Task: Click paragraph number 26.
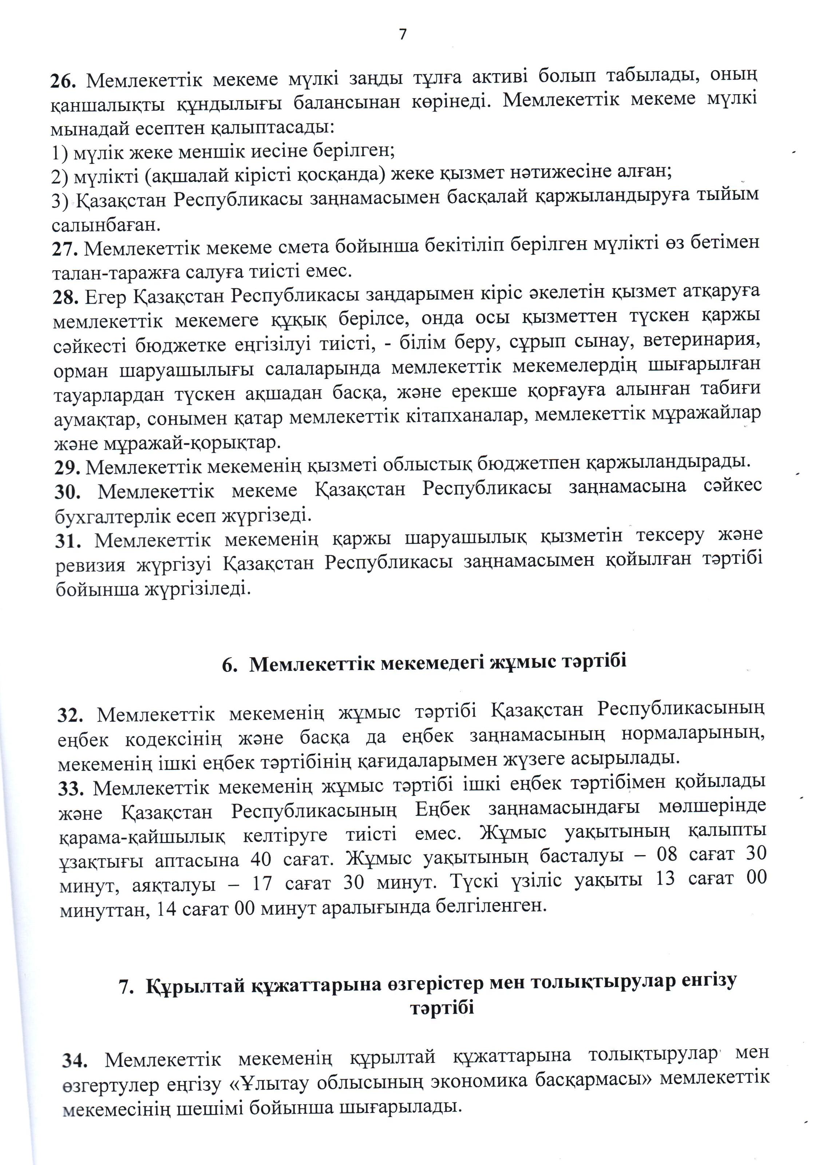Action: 63,80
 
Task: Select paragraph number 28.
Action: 66,297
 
